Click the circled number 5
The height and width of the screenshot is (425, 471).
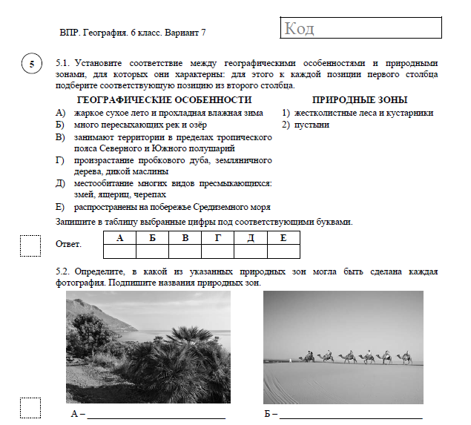[x=31, y=65]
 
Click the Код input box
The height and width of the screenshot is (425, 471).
[x=362, y=29]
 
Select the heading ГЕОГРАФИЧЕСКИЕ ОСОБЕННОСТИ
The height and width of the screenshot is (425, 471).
[x=164, y=100]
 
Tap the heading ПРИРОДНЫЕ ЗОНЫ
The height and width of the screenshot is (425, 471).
[x=360, y=100]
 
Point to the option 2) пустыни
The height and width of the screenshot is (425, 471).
[x=306, y=125]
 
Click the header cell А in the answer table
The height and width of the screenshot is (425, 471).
[x=120, y=237]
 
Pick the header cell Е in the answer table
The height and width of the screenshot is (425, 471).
[x=283, y=237]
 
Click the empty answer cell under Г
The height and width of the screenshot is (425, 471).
[x=218, y=251]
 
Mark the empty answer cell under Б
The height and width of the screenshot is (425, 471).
[x=153, y=251]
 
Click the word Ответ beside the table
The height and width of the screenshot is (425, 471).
[x=69, y=244]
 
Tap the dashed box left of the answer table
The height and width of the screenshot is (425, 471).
[x=30, y=245]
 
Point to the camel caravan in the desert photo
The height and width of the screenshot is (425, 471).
[x=355, y=358]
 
